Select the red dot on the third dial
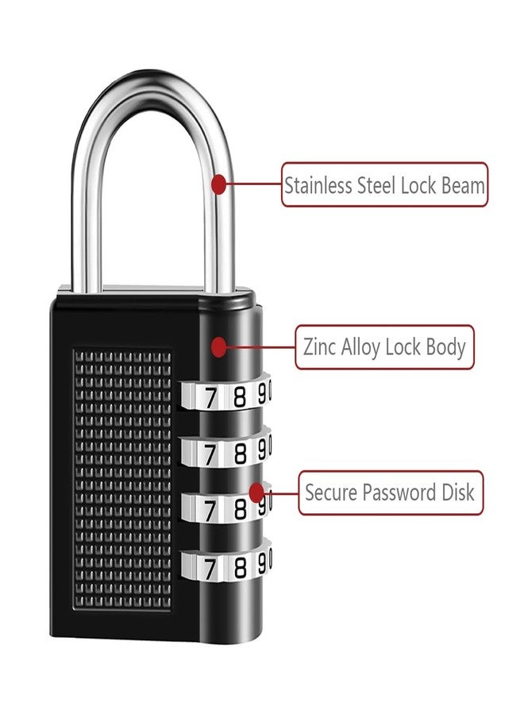(256, 492)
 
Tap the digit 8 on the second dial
(239, 453)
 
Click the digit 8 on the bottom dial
(239, 567)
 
